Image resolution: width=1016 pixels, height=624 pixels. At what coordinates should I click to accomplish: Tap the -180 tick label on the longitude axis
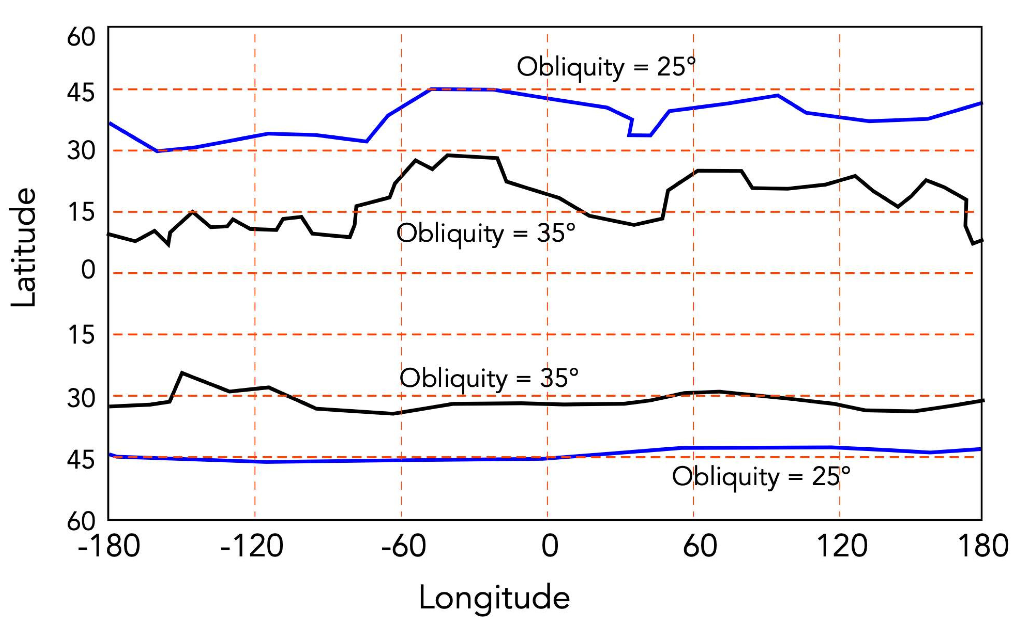pos(109,546)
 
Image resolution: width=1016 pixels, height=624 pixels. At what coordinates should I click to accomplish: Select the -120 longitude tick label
pos(252,546)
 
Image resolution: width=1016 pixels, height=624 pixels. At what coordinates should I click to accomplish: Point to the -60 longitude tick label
pos(403,546)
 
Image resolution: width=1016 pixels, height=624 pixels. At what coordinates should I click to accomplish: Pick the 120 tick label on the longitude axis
pos(842,546)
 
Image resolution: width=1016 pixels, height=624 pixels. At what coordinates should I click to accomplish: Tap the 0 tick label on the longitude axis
pos(549,546)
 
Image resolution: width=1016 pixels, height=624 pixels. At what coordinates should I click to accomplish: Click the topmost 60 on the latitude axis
pos(81,37)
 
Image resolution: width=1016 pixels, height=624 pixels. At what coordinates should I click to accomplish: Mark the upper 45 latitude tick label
pos(81,93)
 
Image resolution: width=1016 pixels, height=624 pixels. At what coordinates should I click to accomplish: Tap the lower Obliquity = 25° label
pos(761,477)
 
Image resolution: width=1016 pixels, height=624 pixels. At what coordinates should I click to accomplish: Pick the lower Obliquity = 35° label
pos(489,378)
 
